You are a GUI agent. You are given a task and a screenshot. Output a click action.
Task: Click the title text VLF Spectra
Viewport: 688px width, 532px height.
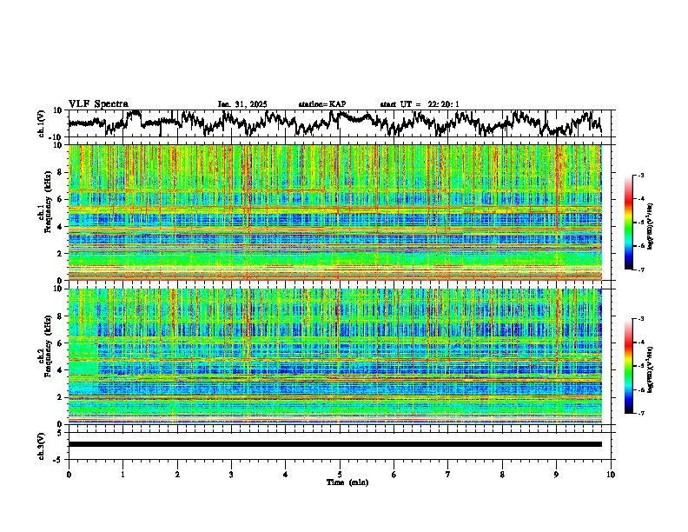click(x=98, y=104)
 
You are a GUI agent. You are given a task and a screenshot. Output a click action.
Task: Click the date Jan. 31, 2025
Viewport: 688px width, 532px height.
click(x=242, y=104)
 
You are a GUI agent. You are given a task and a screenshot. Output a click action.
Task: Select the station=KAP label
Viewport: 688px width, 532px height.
click(x=321, y=104)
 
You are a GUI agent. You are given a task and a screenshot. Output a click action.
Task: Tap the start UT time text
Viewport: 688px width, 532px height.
click(x=419, y=104)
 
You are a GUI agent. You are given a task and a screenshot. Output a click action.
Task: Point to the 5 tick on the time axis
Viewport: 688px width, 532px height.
click(x=340, y=474)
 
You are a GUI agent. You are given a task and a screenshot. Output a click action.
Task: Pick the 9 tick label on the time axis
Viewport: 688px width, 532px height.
click(x=557, y=474)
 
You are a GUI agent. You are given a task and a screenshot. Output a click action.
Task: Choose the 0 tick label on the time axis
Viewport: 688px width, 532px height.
click(x=69, y=474)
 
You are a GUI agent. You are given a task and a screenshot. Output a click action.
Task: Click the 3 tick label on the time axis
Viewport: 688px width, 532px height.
click(x=231, y=474)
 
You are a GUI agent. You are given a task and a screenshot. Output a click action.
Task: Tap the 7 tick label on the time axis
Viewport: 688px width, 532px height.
click(x=448, y=474)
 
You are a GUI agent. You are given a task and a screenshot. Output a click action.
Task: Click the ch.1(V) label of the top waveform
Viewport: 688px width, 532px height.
click(x=41, y=123)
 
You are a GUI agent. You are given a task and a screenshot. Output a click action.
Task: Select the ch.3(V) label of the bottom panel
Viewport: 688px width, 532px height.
click(x=41, y=444)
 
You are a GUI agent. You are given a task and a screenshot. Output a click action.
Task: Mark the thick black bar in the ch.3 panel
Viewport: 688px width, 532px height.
click(x=334, y=444)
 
